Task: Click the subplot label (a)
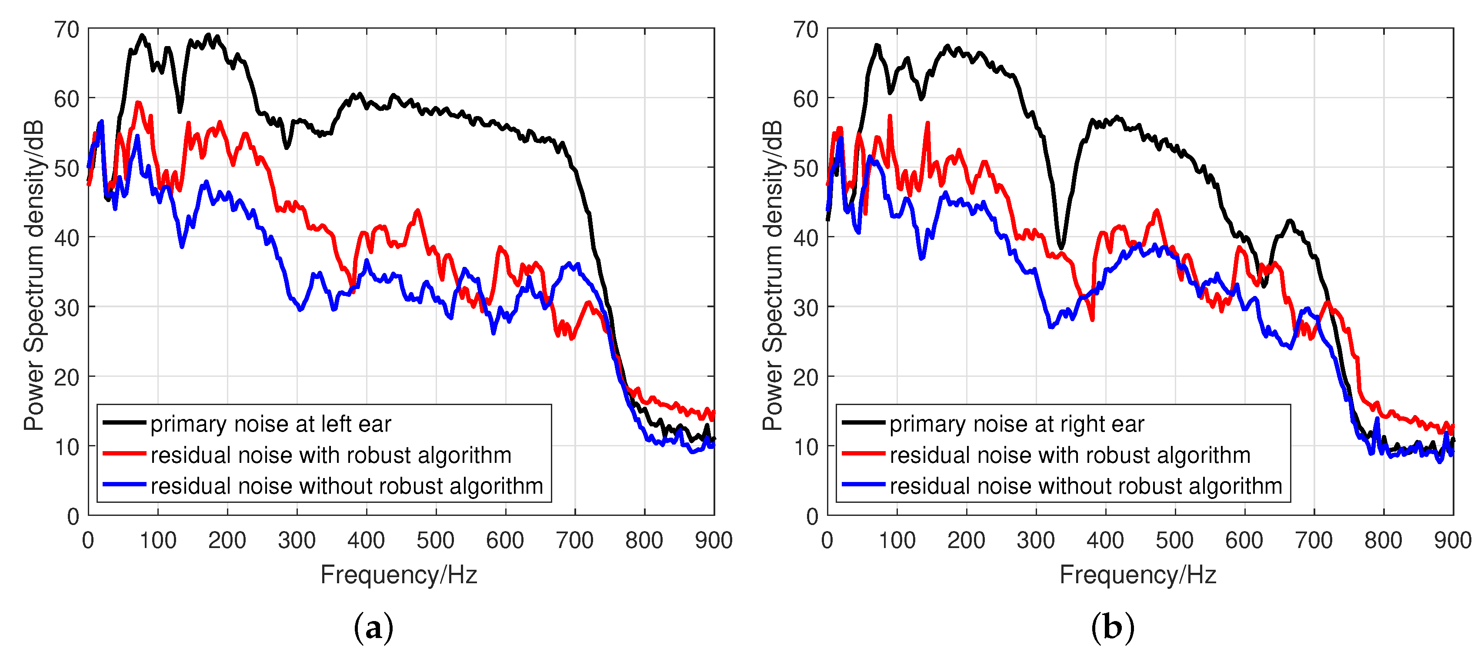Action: pyautogui.click(x=374, y=628)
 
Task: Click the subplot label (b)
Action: pyautogui.click(x=1112, y=628)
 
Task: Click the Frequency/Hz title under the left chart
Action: pyautogui.click(x=399, y=575)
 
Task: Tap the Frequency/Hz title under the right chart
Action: pyautogui.click(x=1138, y=575)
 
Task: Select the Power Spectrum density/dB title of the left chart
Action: pyautogui.click(x=33, y=275)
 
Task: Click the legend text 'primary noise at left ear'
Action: pyautogui.click(x=271, y=424)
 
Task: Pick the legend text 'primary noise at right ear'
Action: pyautogui.click(x=1017, y=424)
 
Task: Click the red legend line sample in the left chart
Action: pyautogui.click(x=124, y=454)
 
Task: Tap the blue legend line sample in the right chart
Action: pyautogui.click(x=863, y=485)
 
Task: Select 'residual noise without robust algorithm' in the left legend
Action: pyautogui.click(x=347, y=486)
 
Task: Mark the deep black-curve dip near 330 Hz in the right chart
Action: pyautogui.click(x=1060, y=246)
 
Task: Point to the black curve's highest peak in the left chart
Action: pyautogui.click(x=142, y=35)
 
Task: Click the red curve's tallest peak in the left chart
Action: pyautogui.click(x=138, y=103)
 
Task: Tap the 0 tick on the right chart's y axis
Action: pyautogui.click(x=812, y=516)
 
